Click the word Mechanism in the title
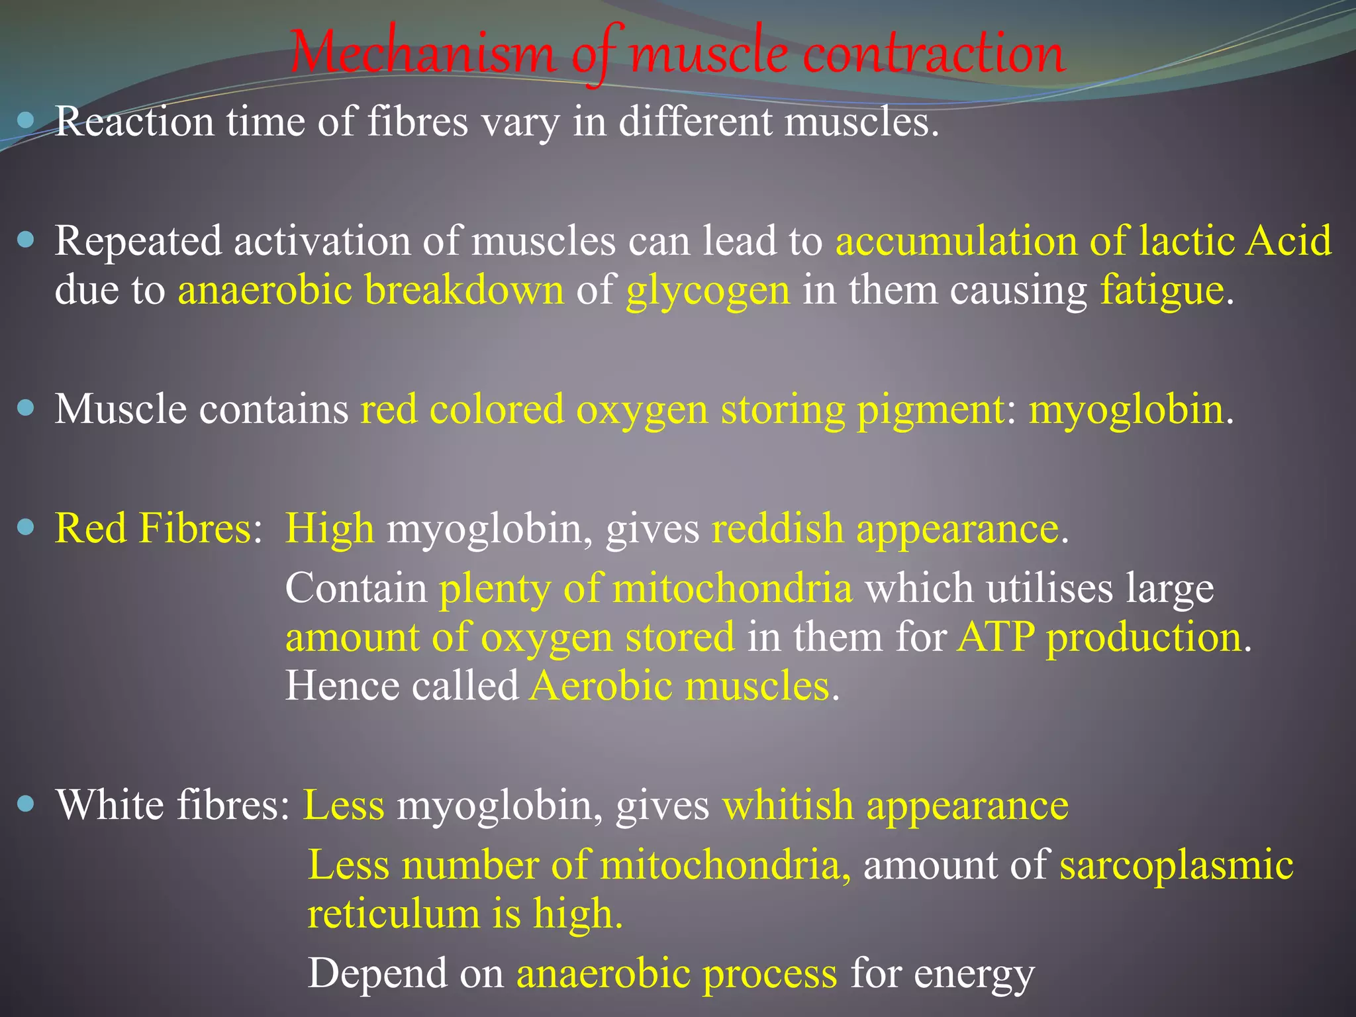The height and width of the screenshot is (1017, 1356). tap(421, 53)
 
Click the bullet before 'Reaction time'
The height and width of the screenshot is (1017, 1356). tap(26, 121)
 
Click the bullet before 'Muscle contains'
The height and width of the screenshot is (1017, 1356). tap(26, 408)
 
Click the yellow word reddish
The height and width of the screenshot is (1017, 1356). tap(777, 530)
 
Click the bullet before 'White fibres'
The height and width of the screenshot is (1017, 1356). tap(26, 804)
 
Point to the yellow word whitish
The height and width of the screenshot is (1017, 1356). tap(788, 806)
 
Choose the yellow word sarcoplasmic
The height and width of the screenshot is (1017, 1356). tap(1176, 865)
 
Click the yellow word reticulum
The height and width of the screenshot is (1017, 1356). tap(393, 914)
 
